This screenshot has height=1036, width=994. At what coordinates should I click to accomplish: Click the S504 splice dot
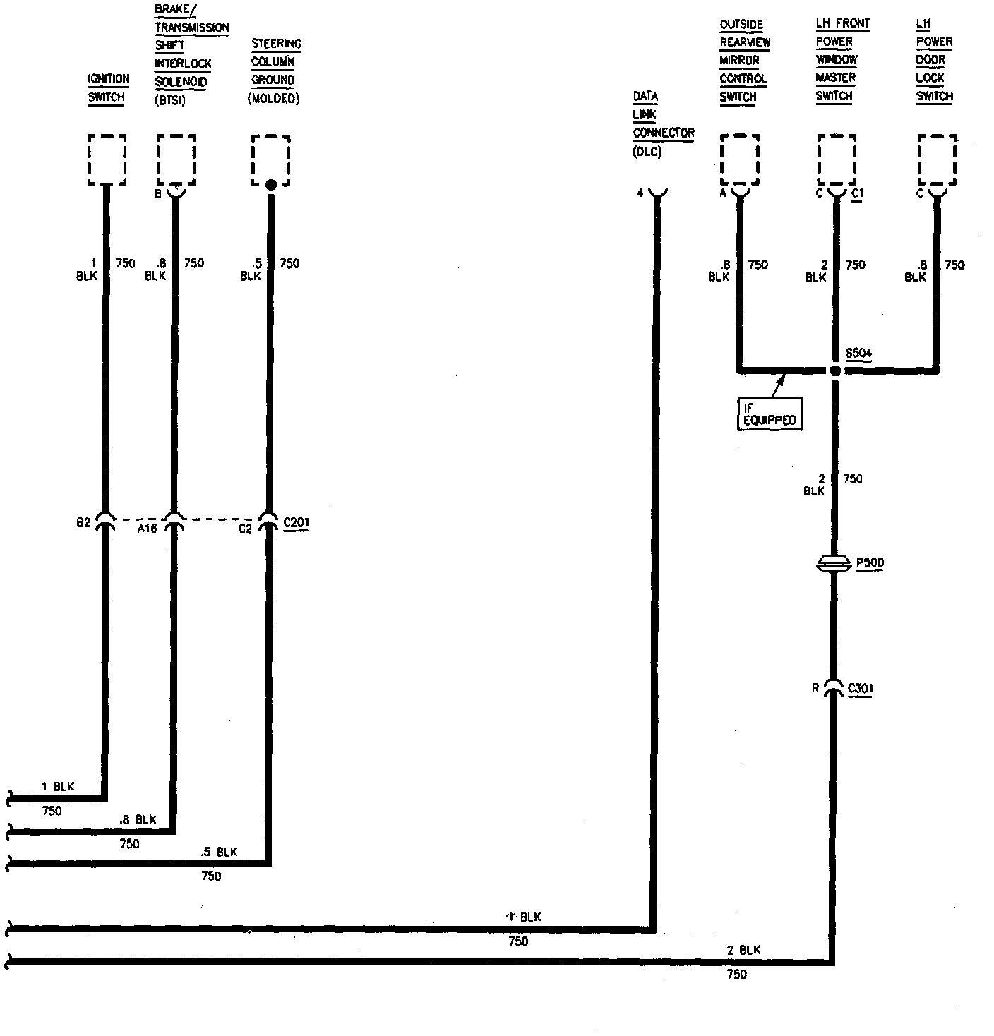835,371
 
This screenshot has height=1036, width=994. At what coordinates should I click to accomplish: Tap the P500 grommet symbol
835,562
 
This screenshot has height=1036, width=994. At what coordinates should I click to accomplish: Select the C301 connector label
861,689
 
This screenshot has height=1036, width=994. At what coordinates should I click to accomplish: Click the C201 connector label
296,523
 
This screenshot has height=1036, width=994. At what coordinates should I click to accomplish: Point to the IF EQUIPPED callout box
770,414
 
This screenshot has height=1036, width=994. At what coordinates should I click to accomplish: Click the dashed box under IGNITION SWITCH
107,160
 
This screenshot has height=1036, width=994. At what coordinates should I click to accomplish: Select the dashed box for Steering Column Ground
271,160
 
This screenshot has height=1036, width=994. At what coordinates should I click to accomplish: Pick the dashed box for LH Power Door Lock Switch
937,160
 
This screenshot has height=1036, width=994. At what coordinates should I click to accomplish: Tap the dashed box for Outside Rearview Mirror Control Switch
740,160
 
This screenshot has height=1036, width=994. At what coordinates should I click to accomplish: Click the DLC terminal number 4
640,193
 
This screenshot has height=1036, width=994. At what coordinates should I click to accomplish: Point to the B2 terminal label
83,522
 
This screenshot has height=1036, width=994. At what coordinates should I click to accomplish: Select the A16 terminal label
147,527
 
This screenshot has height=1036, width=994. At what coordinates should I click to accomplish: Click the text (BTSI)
170,100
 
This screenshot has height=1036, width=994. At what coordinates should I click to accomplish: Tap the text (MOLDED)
274,99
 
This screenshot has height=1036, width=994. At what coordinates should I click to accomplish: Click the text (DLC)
647,151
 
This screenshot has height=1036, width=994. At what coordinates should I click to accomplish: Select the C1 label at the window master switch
857,193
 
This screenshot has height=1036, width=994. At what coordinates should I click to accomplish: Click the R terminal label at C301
815,688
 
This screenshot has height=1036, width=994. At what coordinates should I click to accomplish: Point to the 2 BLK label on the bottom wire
744,950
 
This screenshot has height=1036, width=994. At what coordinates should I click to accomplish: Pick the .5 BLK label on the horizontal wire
219,852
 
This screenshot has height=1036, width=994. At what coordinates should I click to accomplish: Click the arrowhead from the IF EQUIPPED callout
782,378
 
